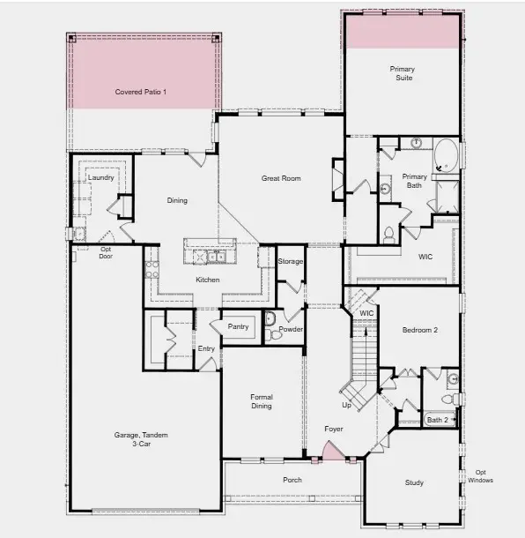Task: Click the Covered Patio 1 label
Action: (x=141, y=92)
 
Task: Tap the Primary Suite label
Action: (x=402, y=73)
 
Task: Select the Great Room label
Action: (x=281, y=178)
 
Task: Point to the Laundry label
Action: (x=101, y=178)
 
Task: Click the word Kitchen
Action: (x=208, y=280)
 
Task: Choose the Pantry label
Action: (x=238, y=326)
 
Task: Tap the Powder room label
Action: (x=291, y=330)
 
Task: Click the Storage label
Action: (x=291, y=262)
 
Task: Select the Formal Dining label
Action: (x=261, y=401)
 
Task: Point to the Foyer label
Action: (x=333, y=429)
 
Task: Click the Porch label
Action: (x=292, y=480)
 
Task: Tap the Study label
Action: (x=414, y=482)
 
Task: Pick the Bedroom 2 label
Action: (x=420, y=330)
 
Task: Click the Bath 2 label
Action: (x=437, y=420)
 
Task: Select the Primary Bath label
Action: (x=414, y=181)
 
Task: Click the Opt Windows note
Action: (x=478, y=476)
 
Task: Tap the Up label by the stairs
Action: (x=345, y=406)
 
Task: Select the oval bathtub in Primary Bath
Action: (x=446, y=156)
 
